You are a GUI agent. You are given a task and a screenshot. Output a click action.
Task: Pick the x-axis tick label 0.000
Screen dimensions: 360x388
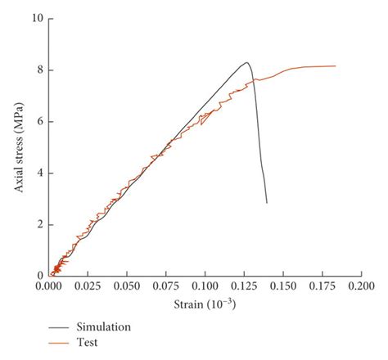point(48,288)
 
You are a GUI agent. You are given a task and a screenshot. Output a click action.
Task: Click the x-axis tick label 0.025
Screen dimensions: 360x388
point(88,288)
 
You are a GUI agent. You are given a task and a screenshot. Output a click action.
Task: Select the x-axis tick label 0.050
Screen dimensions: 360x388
point(127,288)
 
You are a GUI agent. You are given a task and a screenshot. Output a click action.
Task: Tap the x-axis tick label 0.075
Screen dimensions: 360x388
point(166,288)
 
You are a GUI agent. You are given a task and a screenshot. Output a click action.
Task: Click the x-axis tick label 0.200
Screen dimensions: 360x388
point(361,288)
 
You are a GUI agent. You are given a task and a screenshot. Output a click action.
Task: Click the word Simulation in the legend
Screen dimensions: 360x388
point(104,326)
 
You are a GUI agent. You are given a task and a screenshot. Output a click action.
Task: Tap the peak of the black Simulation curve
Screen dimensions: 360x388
point(246,62)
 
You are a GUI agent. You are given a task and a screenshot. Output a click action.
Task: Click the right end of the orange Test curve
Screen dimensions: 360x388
point(336,66)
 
